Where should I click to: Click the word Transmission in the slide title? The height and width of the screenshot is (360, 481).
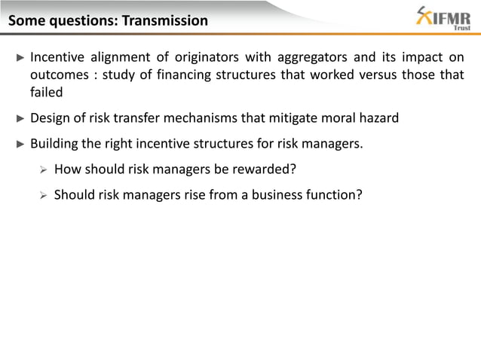click(x=162, y=20)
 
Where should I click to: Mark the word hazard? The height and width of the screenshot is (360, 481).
click(x=377, y=117)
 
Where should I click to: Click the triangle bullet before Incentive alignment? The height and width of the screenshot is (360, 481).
click(x=20, y=59)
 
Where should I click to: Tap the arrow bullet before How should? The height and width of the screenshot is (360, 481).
click(x=44, y=169)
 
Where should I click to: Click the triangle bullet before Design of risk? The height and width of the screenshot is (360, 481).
click(x=20, y=117)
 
